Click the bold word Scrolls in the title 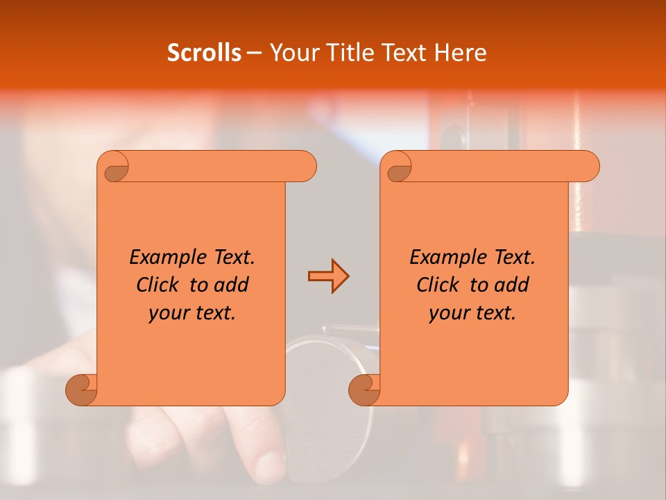coord(204,53)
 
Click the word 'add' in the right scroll coord(513,285)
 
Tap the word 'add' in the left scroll coord(232,285)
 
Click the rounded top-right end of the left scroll coord(306,167)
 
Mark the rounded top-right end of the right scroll coord(589,167)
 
